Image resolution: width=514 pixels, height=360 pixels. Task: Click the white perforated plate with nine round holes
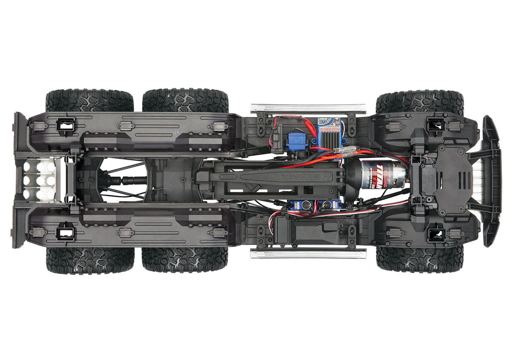40,180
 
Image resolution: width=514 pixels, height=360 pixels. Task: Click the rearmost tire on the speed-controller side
89,100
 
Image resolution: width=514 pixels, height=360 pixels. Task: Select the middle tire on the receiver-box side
185,259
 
